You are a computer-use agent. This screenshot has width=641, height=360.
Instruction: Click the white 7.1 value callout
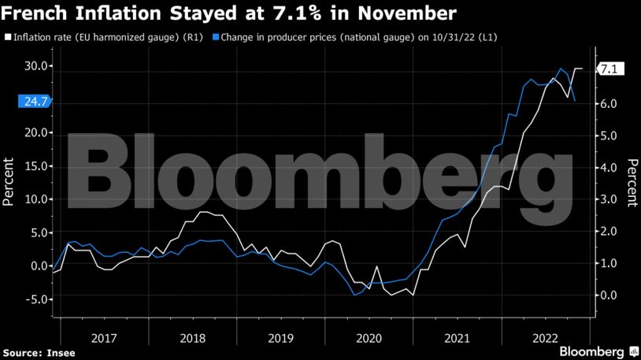[610, 69]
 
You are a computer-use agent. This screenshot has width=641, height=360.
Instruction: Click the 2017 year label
[105, 338]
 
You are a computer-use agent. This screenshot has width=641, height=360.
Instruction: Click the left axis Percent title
[9, 181]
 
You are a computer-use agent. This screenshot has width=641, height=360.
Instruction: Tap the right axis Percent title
[632, 181]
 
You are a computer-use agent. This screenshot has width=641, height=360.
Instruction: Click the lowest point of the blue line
[355, 295]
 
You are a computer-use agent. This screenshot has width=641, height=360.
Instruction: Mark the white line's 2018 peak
[203, 213]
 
